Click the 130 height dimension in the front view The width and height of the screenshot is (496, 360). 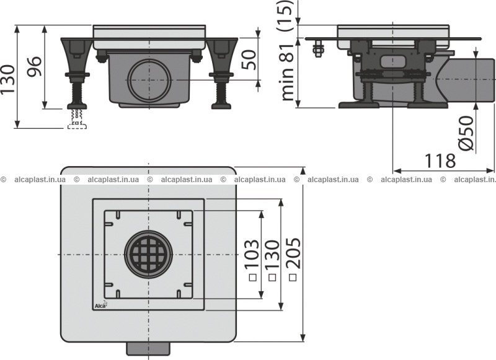7,79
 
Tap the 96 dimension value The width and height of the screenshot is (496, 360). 34,67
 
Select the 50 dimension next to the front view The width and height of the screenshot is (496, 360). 249,59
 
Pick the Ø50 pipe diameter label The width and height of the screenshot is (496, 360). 466,133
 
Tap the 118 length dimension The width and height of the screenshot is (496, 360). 440,160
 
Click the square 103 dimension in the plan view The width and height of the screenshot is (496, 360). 252,260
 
